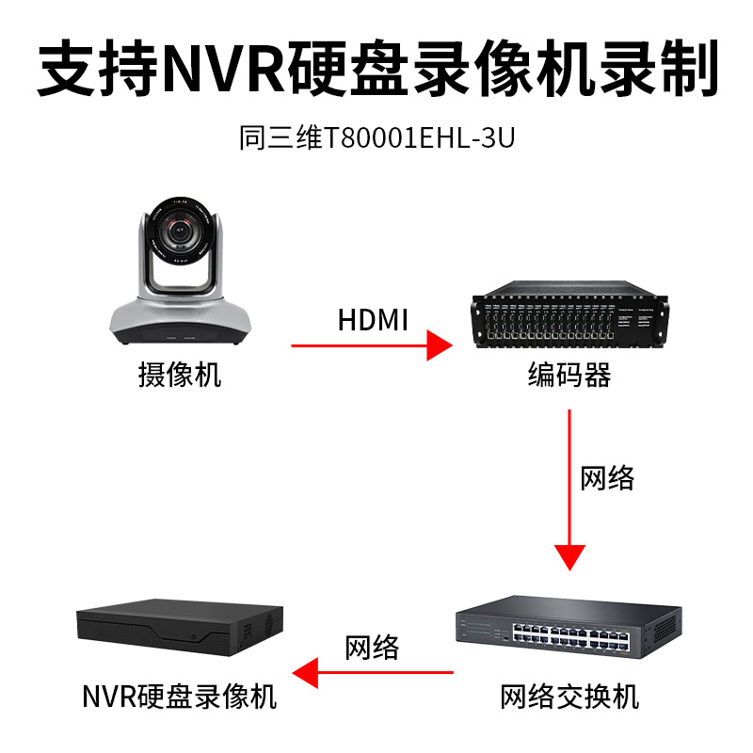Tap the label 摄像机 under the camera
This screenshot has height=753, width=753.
point(180,375)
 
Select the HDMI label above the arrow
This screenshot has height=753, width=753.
point(373,320)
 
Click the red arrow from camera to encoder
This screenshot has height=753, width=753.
point(372,345)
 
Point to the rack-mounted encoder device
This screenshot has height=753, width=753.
point(570,314)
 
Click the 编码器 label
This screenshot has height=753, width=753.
point(569,375)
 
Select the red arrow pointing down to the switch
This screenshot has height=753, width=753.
point(569,489)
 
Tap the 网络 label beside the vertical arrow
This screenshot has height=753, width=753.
point(607,478)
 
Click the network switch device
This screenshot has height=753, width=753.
point(569,627)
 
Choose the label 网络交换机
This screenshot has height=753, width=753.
point(569,697)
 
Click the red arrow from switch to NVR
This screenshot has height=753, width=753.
point(373,672)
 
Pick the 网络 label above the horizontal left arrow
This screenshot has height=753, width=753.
point(372,648)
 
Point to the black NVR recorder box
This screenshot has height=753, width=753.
point(180,627)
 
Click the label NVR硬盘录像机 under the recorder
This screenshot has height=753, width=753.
point(180,697)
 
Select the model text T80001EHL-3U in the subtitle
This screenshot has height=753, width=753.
point(419,137)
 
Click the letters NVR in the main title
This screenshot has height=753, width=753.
point(225,68)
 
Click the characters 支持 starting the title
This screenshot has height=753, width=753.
point(99,68)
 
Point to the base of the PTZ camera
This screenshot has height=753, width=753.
point(180,321)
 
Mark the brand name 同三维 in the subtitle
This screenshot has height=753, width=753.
point(280,137)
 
